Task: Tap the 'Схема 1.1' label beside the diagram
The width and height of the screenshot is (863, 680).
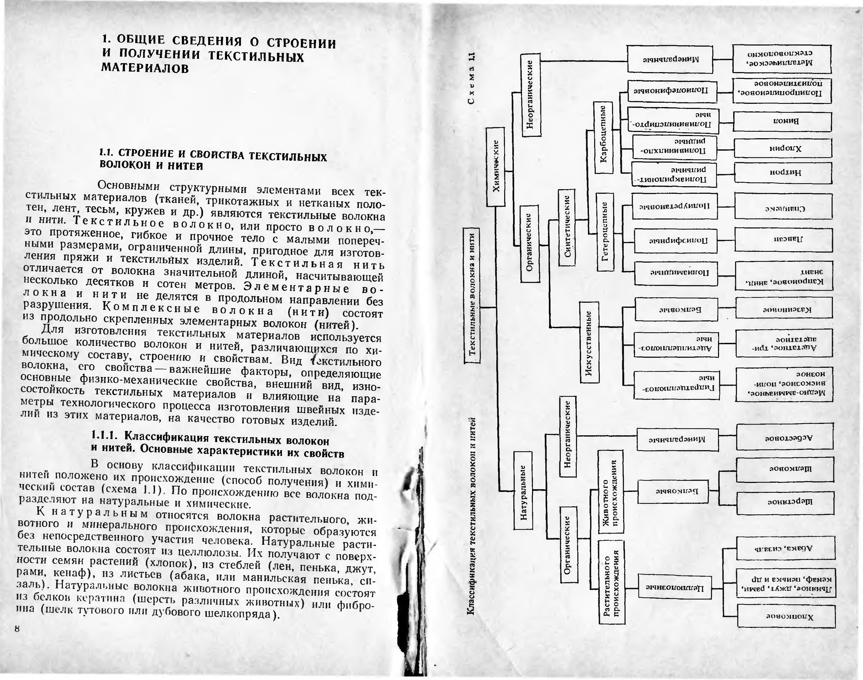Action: (x=472, y=78)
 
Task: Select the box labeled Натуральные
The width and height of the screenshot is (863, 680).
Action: (x=523, y=490)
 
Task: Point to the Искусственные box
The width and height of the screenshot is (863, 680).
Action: (x=589, y=342)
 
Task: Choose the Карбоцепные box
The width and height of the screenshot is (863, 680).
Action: (x=603, y=137)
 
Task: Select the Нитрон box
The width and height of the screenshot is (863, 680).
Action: (x=783, y=173)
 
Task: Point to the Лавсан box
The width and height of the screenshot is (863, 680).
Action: (x=783, y=239)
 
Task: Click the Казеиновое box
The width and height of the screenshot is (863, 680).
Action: (x=784, y=308)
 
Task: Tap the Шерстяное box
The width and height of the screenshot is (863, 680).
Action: (x=785, y=503)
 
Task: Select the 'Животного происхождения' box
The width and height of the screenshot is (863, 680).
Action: (x=611, y=492)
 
